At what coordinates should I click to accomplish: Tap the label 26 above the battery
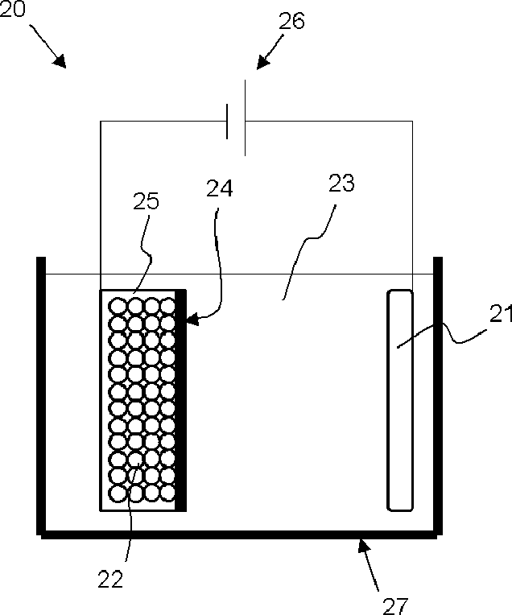tap(292, 21)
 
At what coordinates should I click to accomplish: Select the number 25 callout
tap(147, 201)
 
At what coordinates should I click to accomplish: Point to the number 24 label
tap(220, 189)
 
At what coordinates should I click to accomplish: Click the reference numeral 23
tap(341, 182)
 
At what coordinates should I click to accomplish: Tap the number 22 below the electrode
tap(111, 580)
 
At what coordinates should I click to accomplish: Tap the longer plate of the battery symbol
tap(245, 118)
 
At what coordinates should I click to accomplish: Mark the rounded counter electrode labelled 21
tap(400, 400)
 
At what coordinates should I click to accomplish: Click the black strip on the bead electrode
tap(182, 400)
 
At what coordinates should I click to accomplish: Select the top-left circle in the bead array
tap(118, 305)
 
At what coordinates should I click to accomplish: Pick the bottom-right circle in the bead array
tap(167, 491)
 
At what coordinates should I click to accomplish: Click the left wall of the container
tap(41, 394)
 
